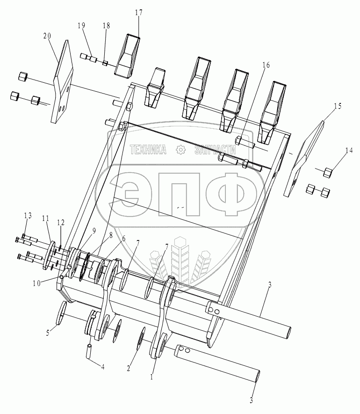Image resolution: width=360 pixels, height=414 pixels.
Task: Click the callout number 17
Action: tap(138, 13)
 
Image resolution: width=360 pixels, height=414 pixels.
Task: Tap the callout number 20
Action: tap(47, 36)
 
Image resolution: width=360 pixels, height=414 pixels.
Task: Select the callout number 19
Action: tap(81, 26)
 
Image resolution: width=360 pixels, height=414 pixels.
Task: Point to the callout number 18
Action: tap(107, 26)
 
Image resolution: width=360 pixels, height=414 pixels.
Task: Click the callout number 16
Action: tap(266, 65)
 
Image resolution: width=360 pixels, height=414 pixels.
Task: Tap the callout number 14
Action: tap(349, 150)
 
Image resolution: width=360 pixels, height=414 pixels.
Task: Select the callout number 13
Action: tap(28, 216)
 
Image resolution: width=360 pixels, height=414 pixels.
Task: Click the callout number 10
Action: tap(36, 283)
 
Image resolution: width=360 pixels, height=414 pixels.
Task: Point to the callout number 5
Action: tap(48, 333)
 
